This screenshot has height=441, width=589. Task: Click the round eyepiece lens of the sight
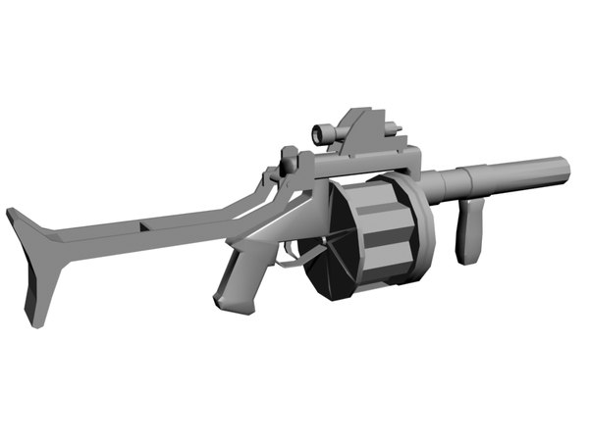pyautogui.click(x=318, y=133)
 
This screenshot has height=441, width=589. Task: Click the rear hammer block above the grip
pyautogui.click(x=289, y=157)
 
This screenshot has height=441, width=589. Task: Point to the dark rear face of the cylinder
pyautogui.click(x=330, y=235)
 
